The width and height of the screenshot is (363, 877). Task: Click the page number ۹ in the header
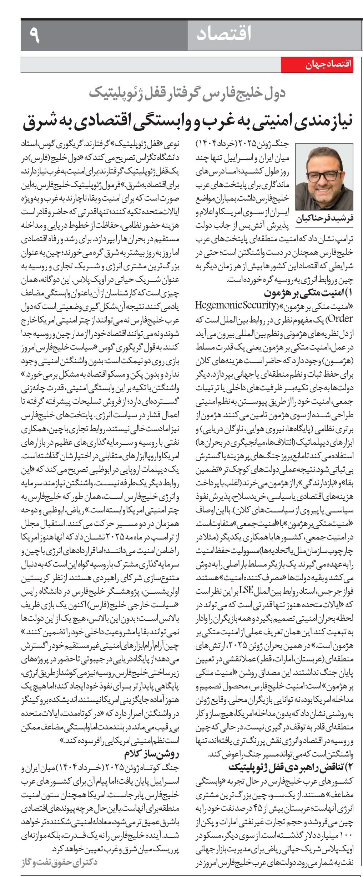[35, 35]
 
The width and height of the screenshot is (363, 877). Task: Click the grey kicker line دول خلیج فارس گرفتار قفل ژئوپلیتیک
[187, 93]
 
